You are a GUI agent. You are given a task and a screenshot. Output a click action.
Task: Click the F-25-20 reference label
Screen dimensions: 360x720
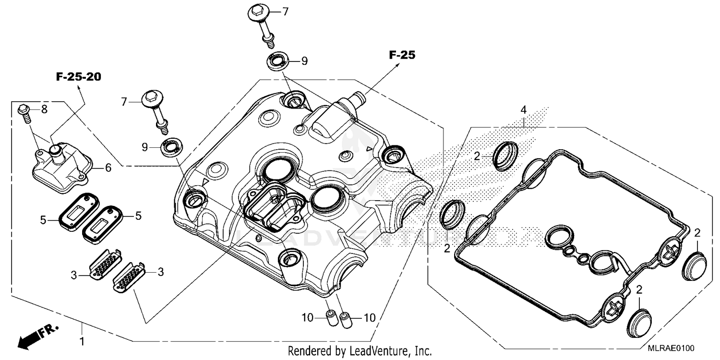coord(78,77)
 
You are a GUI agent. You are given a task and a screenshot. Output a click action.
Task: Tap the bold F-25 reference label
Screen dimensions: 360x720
coord(402,55)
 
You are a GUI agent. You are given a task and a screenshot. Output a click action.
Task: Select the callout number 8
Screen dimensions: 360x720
coord(44,110)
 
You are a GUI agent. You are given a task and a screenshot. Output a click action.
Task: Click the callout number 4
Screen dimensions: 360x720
coord(524,110)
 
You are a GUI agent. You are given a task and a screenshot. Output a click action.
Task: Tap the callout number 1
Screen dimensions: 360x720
coord(82,342)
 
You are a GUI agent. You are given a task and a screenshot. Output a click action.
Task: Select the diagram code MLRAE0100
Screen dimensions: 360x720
coord(672,348)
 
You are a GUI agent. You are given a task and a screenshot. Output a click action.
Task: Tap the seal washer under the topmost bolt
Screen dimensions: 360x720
coord(277,61)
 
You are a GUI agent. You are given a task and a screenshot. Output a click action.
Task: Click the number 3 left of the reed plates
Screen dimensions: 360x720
coord(74,275)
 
